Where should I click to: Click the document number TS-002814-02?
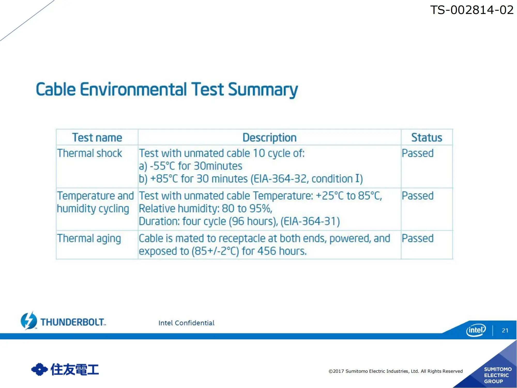tap(472, 10)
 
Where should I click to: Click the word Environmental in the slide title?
tap(133, 89)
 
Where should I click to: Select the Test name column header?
tap(97, 137)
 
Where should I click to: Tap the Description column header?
tap(269, 138)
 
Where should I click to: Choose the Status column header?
tap(427, 137)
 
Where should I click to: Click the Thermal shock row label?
tap(89, 153)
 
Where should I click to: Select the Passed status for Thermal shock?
tap(417, 153)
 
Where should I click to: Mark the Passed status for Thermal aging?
tap(417, 238)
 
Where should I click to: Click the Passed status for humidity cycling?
tap(417, 196)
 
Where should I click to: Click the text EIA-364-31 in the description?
tap(310, 221)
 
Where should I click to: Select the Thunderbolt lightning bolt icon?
tap(29, 321)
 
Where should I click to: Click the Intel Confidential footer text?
tap(186, 323)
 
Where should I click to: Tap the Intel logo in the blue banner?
tap(476, 330)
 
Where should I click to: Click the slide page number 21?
tap(505, 330)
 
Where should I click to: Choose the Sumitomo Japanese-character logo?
tap(65, 369)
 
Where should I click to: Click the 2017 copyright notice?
tap(396, 371)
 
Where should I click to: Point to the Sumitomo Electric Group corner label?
tap(498, 375)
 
